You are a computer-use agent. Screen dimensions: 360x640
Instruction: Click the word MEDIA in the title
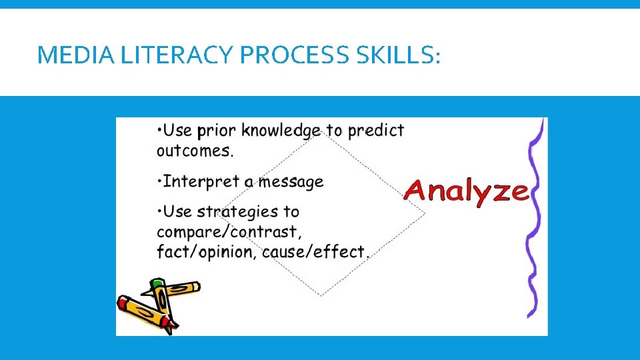(x=66, y=55)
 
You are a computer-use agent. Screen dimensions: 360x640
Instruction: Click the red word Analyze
(x=466, y=190)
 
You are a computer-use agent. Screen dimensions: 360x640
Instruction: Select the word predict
(x=375, y=130)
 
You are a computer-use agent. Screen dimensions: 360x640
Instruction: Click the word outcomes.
(x=195, y=151)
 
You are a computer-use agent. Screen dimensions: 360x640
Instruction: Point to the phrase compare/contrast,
(x=229, y=232)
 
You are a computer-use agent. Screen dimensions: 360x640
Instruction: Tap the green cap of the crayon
(x=157, y=285)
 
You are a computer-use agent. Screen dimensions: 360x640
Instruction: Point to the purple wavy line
(x=533, y=220)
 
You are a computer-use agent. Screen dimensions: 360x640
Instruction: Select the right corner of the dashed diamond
(x=423, y=214)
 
